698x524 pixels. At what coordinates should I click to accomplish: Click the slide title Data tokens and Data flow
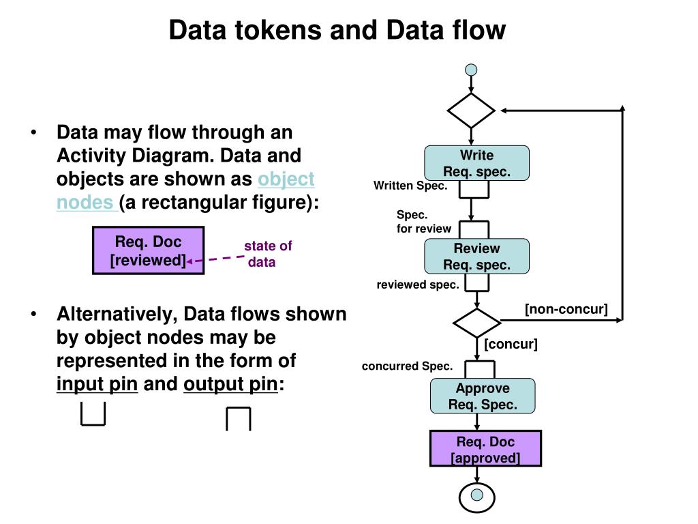point(337,30)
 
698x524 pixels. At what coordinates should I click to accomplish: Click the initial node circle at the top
point(471,70)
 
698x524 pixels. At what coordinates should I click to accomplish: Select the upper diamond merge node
point(471,111)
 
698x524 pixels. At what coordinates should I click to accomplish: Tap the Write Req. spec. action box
point(476,163)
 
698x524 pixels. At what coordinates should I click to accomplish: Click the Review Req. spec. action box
point(476,257)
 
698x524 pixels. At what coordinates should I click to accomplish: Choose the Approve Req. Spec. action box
point(483,396)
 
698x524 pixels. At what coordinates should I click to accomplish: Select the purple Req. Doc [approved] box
point(485,449)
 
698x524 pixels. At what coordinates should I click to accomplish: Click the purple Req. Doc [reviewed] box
point(148,250)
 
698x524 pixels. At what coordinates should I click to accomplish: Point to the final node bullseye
point(476,497)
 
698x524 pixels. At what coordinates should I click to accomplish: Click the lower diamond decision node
point(476,322)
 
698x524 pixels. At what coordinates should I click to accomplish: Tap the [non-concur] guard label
point(566,309)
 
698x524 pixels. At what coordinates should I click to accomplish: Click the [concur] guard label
point(511,344)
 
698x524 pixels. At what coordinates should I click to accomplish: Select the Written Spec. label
point(410,186)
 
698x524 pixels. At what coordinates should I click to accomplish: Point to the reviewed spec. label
point(418,285)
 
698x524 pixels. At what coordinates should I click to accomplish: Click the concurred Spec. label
point(408,366)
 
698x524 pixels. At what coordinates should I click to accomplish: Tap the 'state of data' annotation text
point(268,254)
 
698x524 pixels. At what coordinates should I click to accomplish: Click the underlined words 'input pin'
point(97,383)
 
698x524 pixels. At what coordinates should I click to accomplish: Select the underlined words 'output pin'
point(230,383)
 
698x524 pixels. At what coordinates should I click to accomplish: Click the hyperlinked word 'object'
point(286,179)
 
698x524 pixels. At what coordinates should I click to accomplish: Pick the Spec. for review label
point(424,222)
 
